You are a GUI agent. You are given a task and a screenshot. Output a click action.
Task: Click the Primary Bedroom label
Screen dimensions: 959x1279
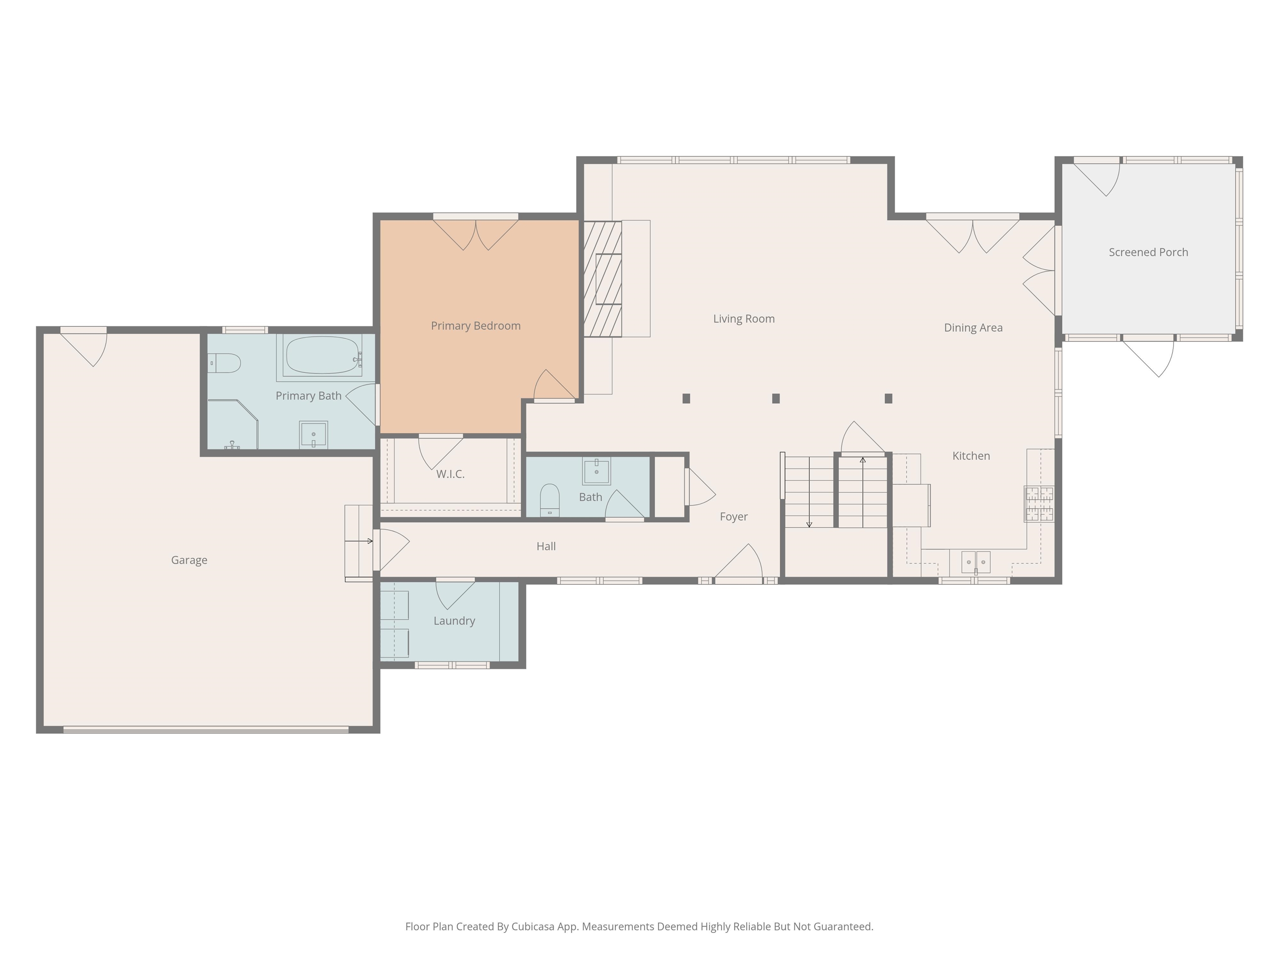pyautogui.click(x=475, y=326)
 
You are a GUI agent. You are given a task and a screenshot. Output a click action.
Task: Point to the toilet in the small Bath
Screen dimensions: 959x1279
pyautogui.click(x=549, y=499)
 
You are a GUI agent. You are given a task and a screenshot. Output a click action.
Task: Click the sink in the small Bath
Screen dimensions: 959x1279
pyautogui.click(x=596, y=471)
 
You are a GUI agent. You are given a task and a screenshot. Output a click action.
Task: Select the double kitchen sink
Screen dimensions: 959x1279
pyautogui.click(x=975, y=562)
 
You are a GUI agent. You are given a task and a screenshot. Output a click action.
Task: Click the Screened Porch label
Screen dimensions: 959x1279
pyautogui.click(x=1148, y=253)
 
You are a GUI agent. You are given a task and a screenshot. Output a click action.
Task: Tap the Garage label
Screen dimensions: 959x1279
pyautogui.click(x=189, y=560)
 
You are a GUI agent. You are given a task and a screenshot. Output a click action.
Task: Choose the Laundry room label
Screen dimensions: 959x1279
pyautogui.click(x=454, y=621)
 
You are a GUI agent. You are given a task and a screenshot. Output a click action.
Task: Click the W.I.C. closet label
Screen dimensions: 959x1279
pyautogui.click(x=450, y=475)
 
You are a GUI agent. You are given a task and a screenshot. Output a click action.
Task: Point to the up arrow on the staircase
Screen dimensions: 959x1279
pyautogui.click(x=863, y=461)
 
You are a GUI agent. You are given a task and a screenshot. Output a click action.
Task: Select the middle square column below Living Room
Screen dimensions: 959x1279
pyautogui.click(x=776, y=398)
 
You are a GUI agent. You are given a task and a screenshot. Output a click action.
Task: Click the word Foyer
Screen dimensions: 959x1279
pyautogui.click(x=733, y=517)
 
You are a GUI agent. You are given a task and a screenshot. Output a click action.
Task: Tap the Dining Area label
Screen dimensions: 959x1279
pyautogui.click(x=973, y=328)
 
